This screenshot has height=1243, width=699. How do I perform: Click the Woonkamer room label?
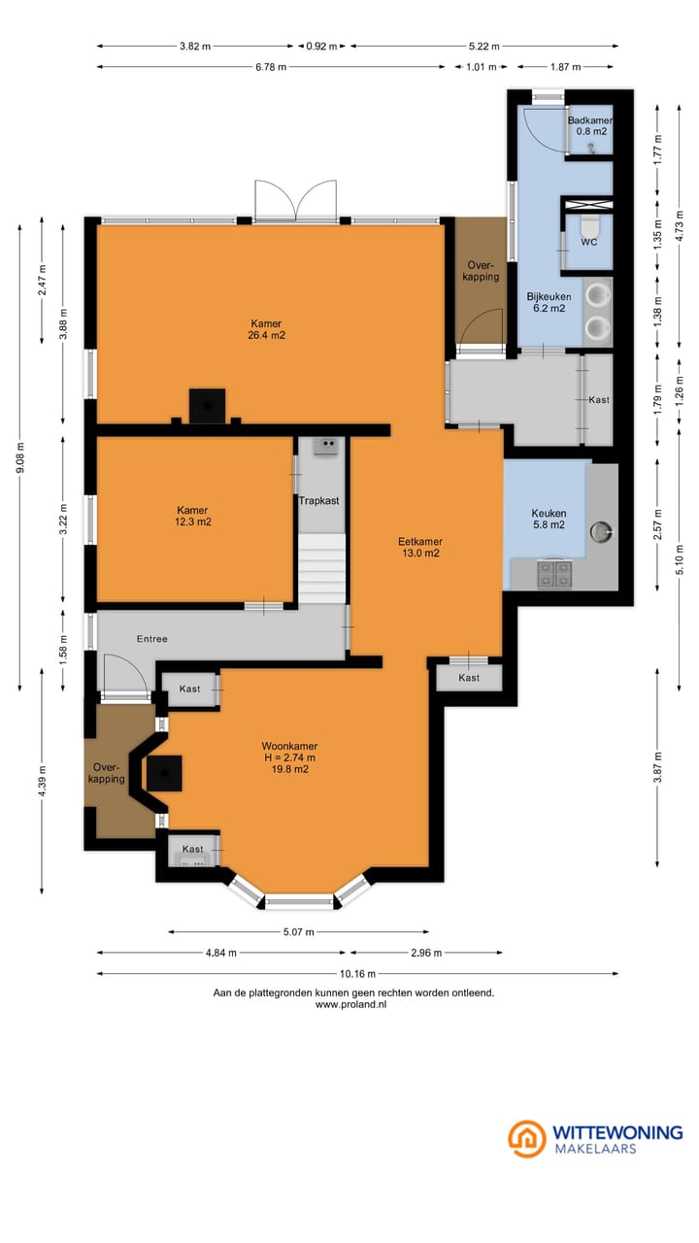289,746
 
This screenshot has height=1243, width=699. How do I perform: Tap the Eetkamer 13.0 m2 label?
420,547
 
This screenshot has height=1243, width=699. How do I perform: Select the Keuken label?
549,514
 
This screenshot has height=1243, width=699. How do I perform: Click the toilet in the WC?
589,226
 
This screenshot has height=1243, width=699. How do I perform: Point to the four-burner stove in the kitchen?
554,574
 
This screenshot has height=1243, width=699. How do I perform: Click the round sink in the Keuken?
601,531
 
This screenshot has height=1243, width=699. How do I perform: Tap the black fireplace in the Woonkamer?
164,773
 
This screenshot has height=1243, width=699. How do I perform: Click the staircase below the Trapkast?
321,568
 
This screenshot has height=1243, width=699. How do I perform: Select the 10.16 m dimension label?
358,973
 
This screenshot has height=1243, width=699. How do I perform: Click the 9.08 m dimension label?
20,457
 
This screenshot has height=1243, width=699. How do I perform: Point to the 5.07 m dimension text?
298,931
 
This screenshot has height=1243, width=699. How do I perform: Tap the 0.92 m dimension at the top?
321,46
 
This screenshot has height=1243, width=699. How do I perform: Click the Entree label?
152,639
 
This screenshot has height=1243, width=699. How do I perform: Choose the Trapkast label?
319,500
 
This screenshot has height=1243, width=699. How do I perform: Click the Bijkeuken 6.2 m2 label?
549,302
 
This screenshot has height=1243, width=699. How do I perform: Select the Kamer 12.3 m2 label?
193,516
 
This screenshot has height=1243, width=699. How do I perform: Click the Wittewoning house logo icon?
527,1139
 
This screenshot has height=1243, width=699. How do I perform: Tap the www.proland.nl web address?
351,1004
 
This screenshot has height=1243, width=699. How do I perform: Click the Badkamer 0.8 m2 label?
590,126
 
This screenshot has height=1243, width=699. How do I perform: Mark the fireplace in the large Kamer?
207,406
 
